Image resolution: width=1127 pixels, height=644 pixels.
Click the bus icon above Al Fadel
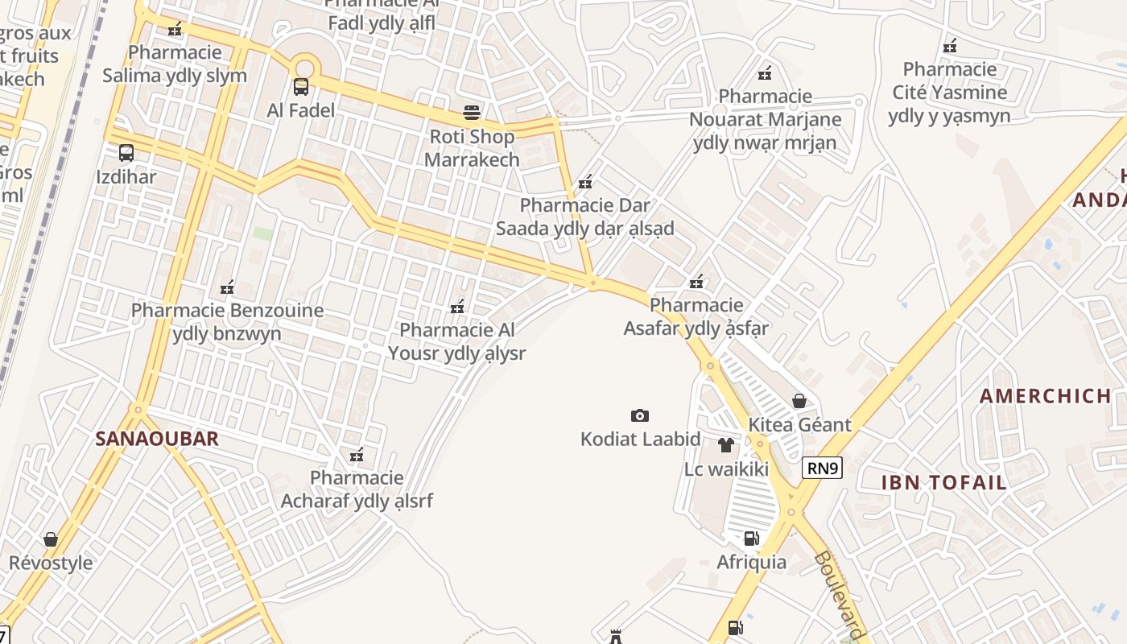pyautogui.click(x=300, y=86)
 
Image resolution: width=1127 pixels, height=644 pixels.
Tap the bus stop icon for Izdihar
pyautogui.click(x=126, y=153)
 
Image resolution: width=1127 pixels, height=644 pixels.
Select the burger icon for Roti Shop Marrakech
pyautogui.click(x=472, y=113)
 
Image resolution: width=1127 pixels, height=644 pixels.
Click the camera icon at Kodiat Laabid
pyautogui.click(x=640, y=415)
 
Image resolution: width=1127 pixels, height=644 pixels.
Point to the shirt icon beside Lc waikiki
pyautogui.click(x=726, y=445)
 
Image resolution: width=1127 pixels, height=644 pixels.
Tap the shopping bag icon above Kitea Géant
pyautogui.click(x=799, y=400)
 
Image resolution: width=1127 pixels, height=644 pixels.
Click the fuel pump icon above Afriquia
pyautogui.click(x=751, y=538)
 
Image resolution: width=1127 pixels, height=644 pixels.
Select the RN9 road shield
pyautogui.click(x=822, y=469)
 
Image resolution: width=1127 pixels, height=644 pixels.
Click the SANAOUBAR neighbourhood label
pyautogui.click(x=157, y=439)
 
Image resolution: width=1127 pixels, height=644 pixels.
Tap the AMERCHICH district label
pyautogui.click(x=1046, y=396)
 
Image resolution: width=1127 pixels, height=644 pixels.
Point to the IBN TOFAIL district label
pyautogui.click(x=944, y=483)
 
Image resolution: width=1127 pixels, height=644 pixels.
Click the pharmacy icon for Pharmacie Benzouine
pyautogui.click(x=227, y=287)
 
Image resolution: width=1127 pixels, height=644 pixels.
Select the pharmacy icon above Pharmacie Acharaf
pyautogui.click(x=357, y=456)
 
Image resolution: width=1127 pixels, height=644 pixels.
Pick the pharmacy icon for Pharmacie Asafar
pyautogui.click(x=697, y=282)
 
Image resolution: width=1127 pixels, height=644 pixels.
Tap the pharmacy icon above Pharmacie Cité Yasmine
pyautogui.click(x=950, y=46)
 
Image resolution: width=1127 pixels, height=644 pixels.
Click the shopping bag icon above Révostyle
pyautogui.click(x=51, y=539)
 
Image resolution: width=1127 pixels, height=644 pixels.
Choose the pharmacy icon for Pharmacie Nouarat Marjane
pyautogui.click(x=765, y=73)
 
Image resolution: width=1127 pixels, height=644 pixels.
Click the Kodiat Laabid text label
pyautogui.click(x=641, y=440)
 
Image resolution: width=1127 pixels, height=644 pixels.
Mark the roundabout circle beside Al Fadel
pyautogui.click(x=304, y=68)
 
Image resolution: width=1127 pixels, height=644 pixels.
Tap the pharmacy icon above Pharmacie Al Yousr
pyautogui.click(x=457, y=307)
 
